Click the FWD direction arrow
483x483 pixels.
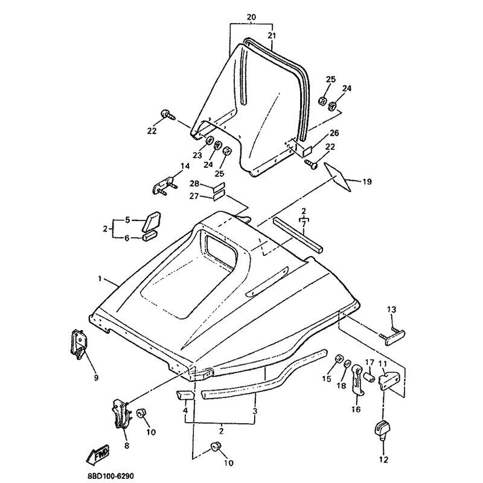click(98, 455)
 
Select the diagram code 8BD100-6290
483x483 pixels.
click(109, 476)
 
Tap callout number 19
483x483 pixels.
click(367, 182)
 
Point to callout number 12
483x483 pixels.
click(384, 459)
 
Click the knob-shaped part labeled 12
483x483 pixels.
click(383, 428)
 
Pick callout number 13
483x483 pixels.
click(391, 309)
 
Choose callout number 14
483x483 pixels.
click(185, 166)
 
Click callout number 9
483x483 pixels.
click(96, 377)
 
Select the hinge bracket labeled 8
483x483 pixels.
click(121, 414)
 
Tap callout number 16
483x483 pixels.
click(356, 409)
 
